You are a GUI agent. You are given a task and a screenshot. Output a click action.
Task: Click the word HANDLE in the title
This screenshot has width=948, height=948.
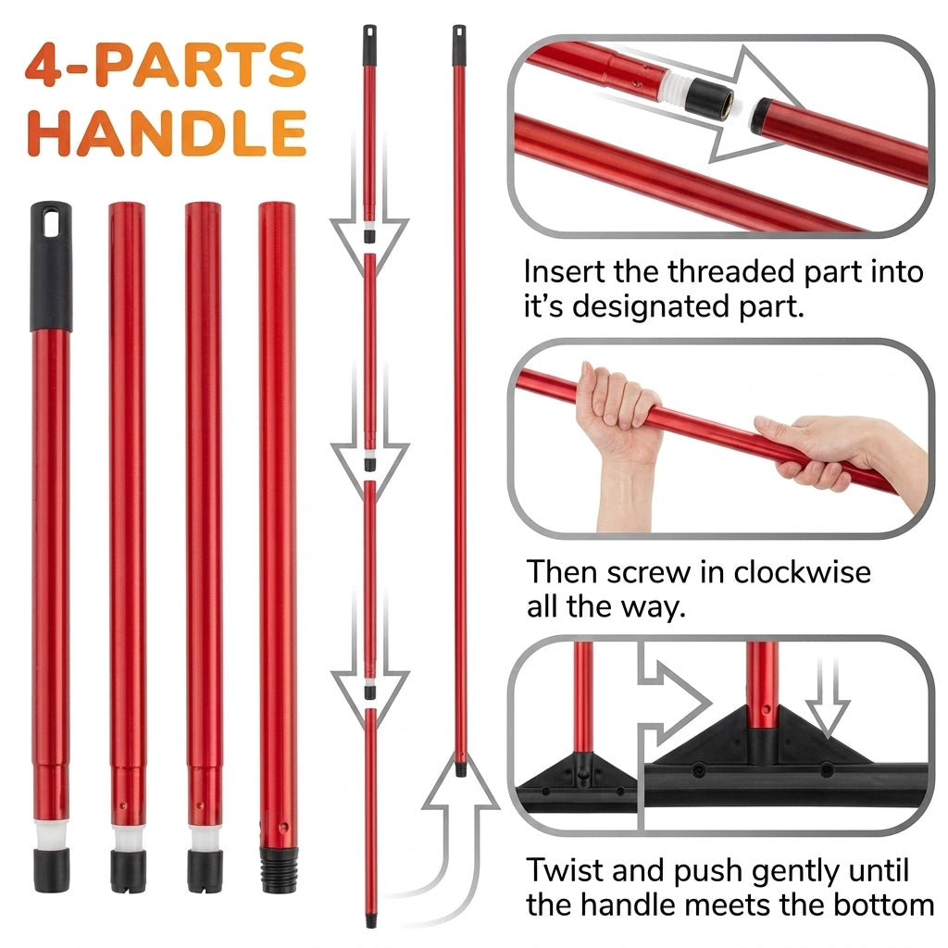(x=167, y=133)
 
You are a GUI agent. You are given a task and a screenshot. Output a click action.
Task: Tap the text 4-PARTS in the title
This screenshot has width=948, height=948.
(x=166, y=65)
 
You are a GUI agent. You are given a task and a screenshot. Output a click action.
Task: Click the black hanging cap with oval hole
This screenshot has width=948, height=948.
(x=51, y=266)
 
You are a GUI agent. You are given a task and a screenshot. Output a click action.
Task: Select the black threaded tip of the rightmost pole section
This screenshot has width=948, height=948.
(x=280, y=869)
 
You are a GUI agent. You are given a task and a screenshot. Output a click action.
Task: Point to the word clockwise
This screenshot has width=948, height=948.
(x=802, y=571)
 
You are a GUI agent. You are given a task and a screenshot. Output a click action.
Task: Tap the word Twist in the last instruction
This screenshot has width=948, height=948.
(x=565, y=870)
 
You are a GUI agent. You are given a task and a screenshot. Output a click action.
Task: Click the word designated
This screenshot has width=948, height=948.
(x=651, y=306)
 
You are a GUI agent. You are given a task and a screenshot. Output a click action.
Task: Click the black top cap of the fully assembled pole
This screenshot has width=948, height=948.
(x=459, y=44)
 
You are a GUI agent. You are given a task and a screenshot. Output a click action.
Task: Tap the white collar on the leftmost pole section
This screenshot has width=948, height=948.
(x=52, y=834)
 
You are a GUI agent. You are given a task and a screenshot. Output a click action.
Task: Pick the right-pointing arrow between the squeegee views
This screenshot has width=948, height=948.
(x=674, y=702)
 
